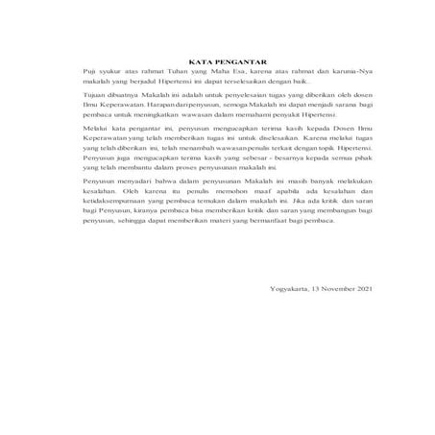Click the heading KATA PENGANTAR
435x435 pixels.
(216, 61)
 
